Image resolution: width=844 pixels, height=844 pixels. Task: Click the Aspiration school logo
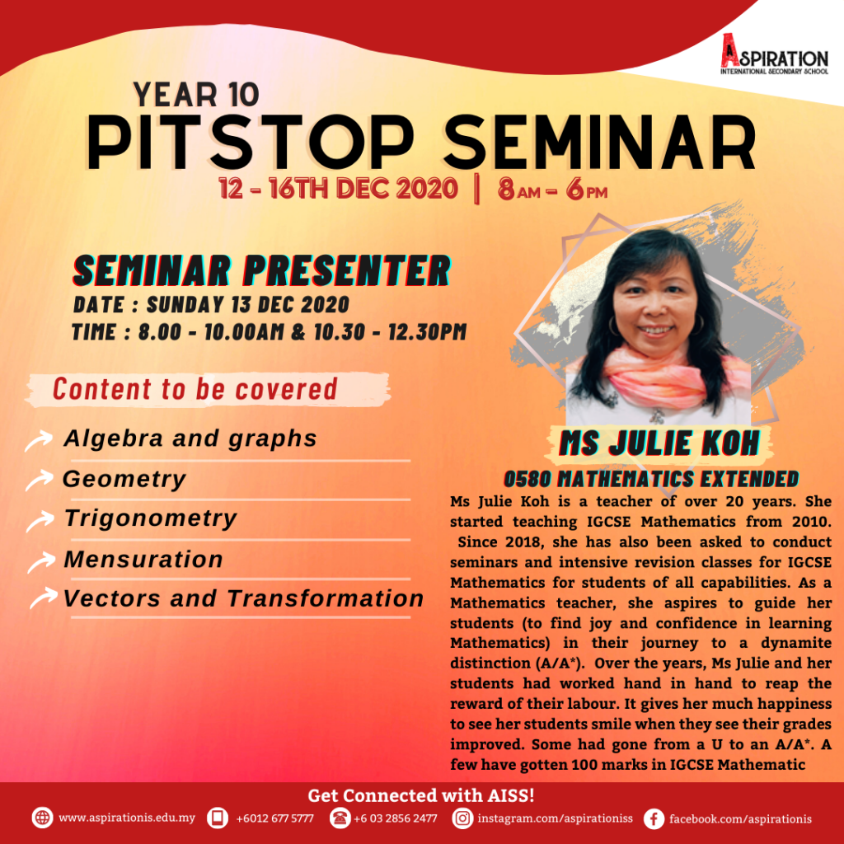click(774, 54)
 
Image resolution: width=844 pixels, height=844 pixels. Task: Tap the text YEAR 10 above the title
click(196, 95)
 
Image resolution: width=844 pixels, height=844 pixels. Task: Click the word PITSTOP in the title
click(251, 143)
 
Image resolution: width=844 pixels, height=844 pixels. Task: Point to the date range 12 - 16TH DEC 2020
click(338, 189)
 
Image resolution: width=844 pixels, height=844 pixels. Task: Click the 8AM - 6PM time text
click(552, 189)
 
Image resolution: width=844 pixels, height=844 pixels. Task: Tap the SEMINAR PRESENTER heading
click(261, 270)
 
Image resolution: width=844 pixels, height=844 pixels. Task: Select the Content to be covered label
click(195, 389)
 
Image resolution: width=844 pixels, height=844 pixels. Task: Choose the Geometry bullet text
click(124, 479)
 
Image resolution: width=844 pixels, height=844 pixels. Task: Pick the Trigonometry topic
click(151, 518)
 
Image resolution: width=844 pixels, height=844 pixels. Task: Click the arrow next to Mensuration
click(41, 562)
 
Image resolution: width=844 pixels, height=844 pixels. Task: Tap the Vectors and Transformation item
click(244, 598)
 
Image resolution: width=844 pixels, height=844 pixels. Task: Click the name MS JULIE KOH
click(659, 443)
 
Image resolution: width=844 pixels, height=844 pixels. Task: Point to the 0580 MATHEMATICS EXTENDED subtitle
click(651, 479)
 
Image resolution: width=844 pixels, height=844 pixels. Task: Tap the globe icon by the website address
click(42, 818)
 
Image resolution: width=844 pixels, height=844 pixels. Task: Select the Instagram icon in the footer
click(462, 818)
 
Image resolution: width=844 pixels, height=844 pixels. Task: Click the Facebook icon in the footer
click(654, 818)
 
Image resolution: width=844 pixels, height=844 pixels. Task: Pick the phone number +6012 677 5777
click(274, 818)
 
